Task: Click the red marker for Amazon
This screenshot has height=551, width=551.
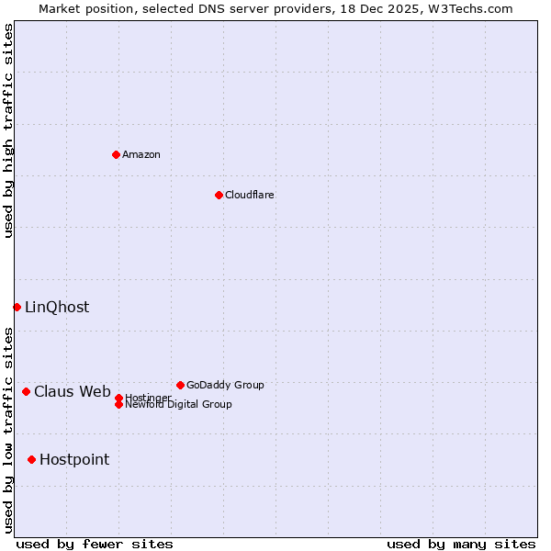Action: [116, 154]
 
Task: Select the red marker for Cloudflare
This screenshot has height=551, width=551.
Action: [219, 195]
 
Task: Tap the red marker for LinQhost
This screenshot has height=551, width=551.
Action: [17, 307]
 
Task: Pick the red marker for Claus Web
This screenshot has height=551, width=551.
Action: [26, 391]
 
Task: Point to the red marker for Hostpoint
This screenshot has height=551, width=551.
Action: [31, 459]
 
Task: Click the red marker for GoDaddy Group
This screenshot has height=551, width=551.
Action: [180, 385]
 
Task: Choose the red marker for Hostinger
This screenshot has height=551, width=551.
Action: [118, 398]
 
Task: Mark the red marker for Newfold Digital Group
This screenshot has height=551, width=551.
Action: [118, 404]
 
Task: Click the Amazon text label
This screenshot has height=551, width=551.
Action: [141, 154]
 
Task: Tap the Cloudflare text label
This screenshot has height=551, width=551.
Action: [250, 195]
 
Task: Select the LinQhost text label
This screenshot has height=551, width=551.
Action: [57, 307]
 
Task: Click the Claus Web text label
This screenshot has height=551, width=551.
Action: [73, 391]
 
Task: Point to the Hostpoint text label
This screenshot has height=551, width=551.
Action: [74, 459]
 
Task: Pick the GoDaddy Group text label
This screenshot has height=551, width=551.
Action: [225, 385]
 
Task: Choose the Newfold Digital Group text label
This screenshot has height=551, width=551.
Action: [178, 404]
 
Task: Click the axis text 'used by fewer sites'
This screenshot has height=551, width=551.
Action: [95, 544]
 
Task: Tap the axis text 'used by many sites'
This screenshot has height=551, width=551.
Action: [461, 544]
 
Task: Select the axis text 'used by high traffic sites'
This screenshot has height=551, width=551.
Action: [8, 130]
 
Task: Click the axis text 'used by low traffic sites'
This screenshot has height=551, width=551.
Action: [8, 430]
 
